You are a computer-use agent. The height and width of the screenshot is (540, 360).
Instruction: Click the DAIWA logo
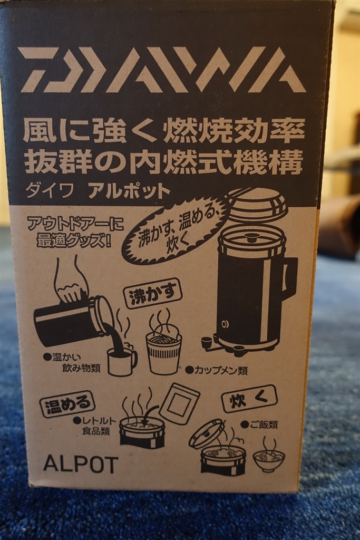pyautogui.click(x=162, y=70)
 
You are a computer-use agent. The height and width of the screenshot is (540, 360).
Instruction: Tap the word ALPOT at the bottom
pyautogui.click(x=81, y=464)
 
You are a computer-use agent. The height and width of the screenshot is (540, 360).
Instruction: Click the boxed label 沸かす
pyautogui.click(x=153, y=294)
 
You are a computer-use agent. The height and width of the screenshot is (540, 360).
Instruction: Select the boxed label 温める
pyautogui.click(x=67, y=403)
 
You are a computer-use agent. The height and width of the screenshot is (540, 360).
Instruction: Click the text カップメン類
pyautogui.click(x=217, y=371)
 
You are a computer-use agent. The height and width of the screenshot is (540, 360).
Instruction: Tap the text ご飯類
pyautogui.click(x=259, y=425)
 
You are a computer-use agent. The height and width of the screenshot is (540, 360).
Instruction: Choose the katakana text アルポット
pyautogui.click(x=130, y=191)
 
